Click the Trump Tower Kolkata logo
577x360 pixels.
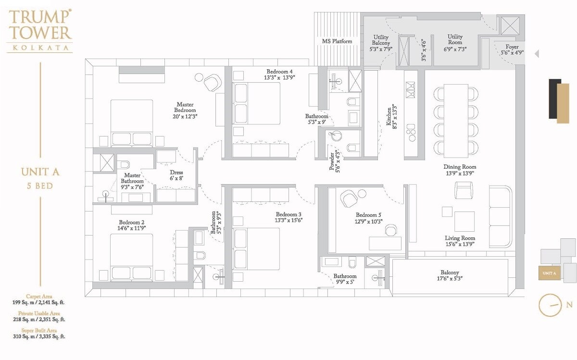click(40, 30)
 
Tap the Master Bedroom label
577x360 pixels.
click(185, 108)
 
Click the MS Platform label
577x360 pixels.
click(337, 41)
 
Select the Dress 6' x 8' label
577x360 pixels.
click(176, 175)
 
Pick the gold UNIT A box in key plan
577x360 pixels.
click(549, 273)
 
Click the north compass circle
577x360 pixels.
click(550, 305)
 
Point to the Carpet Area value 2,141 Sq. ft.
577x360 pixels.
click(39, 303)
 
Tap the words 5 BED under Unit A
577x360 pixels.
click(40, 186)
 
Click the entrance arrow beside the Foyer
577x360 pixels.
click(537, 54)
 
